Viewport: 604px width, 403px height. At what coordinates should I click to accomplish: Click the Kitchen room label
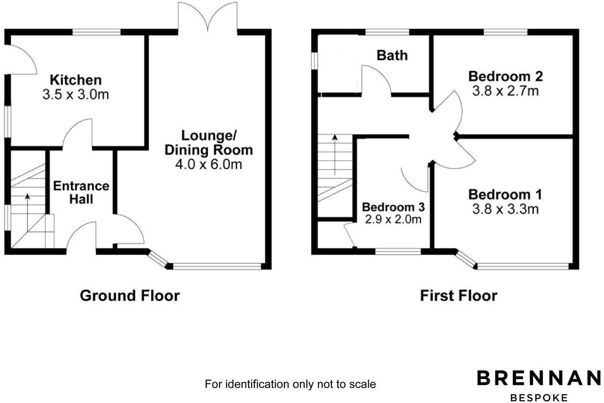pos(75,80)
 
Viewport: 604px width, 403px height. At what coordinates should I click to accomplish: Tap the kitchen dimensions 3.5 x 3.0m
pos(75,94)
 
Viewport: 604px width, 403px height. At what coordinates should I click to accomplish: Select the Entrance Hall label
pos(81,192)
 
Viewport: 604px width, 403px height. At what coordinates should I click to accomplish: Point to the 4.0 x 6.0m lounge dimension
pos(209,164)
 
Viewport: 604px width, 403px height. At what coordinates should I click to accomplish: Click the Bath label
pos(392,55)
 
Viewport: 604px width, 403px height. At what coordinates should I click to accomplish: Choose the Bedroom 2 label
pos(506,76)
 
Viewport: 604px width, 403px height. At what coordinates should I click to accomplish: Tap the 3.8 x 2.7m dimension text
pos(506,91)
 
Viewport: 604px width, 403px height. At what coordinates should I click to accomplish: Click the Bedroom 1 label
pos(506,194)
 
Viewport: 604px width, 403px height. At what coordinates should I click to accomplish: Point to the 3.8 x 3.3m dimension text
pos(506,209)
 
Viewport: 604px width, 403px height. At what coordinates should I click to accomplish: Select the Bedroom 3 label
pos(393,207)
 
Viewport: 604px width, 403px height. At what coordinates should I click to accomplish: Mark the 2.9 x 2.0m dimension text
pos(393,219)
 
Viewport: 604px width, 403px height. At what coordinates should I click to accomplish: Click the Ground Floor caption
pos(130,295)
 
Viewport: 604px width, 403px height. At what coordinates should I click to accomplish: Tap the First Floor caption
pos(458,295)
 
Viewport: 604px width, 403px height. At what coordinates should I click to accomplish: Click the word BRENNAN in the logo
pos(539,379)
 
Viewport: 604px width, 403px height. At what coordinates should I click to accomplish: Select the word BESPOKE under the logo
pos(539,397)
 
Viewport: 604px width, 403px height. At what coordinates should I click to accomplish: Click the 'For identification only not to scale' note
pos(290,384)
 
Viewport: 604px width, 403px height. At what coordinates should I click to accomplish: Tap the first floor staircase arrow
pos(335,155)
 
